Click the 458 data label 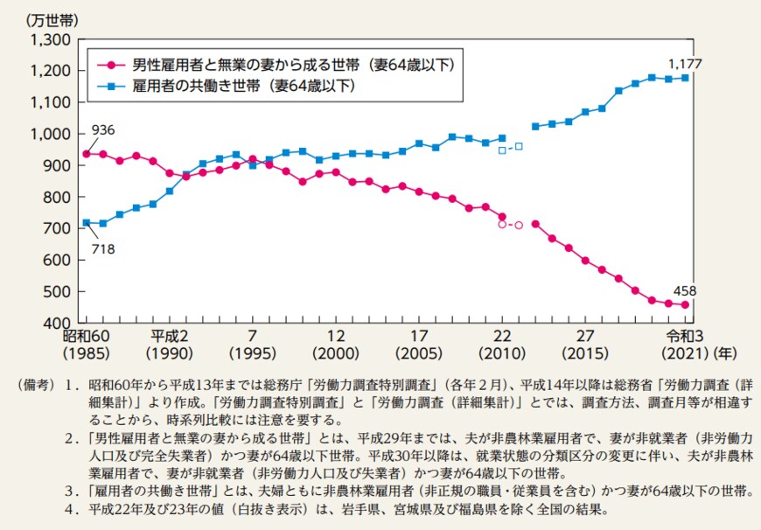pyautogui.click(x=685, y=290)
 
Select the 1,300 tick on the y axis pyautogui.click(x=49, y=39)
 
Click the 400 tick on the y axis pyautogui.click(x=56, y=324)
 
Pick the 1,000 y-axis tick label pyautogui.click(x=49, y=134)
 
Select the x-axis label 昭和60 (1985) pyautogui.click(x=86, y=345)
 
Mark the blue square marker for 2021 pyautogui.click(x=686, y=78)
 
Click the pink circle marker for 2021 pyautogui.click(x=686, y=305)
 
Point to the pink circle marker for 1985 pyautogui.click(x=86, y=154)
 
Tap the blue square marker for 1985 pyautogui.click(x=86, y=223)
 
